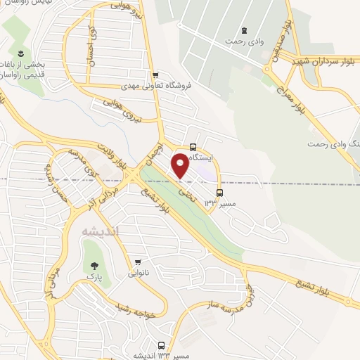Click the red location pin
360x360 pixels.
[180, 165]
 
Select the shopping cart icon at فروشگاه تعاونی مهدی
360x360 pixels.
[156, 75]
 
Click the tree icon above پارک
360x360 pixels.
[94, 266]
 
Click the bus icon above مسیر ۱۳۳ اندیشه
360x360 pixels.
[162, 345]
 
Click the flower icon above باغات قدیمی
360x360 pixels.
[20, 54]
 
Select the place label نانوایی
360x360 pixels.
[138, 271]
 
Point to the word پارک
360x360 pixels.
[94, 279]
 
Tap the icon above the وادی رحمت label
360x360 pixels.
[244, 30]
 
